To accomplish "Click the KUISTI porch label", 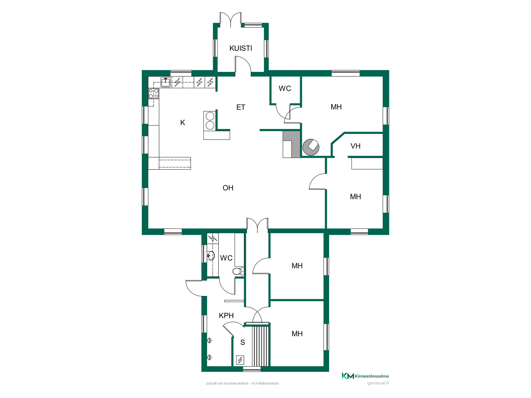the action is coord(241,48).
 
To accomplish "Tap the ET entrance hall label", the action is coord(241,107).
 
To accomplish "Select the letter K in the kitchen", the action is coord(183,123).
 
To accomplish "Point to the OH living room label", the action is coord(228,188).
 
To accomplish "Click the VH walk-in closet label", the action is coord(355,146).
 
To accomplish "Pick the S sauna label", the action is coord(243,342).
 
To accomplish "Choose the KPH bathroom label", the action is coord(226,316).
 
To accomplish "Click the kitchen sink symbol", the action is coord(166,82).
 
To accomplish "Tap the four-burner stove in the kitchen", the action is coord(154,93).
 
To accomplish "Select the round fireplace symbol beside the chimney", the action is coord(311,147).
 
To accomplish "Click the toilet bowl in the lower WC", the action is coord(238,271).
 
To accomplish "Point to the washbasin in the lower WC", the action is coord(211,256).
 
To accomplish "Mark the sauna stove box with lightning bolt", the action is coord(240,360).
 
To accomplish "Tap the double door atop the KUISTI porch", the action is coord(230,20).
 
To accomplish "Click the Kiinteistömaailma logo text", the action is coord(371,376).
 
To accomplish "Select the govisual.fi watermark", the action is coord(378,383).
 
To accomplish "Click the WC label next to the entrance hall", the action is coord(285,88).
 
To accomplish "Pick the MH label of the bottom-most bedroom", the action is coord(297,334).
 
